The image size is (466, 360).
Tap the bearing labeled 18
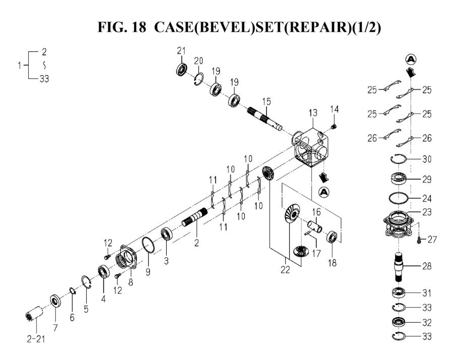(x=332, y=237)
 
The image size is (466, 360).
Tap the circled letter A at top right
(x=411, y=59)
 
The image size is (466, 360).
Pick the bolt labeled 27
(x=419, y=241)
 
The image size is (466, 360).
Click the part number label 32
(x=427, y=322)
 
